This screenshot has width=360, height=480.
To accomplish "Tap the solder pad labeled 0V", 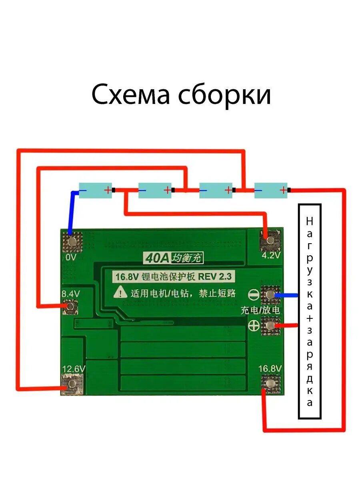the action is click(72, 241).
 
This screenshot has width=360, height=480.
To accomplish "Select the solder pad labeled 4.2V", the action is click(270, 240).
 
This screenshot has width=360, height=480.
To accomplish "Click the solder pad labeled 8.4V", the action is click(70, 306).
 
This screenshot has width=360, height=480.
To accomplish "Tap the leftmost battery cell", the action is click(95, 190).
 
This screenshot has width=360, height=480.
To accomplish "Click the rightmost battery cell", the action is click(271, 190).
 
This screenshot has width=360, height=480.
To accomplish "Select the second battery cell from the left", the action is click(155, 190).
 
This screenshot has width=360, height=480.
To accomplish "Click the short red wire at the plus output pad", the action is click(288, 325).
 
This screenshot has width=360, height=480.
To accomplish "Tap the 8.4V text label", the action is click(71, 294).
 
